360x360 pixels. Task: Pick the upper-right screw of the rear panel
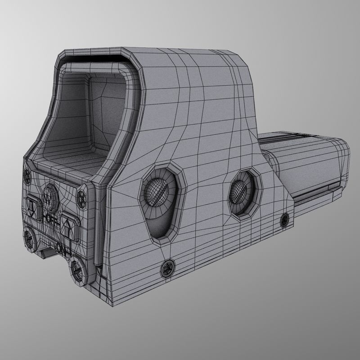[82, 196]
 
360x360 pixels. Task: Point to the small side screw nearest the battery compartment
[284, 220]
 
